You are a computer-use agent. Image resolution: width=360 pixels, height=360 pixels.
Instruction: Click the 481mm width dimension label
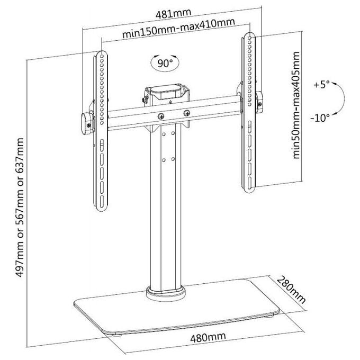pos(173,14)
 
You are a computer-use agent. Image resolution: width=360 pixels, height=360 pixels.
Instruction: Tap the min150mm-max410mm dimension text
pos(178,28)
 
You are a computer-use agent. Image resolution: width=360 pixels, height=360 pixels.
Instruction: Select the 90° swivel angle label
pos(165,63)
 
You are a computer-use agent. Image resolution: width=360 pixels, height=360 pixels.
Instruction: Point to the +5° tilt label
pos(321,85)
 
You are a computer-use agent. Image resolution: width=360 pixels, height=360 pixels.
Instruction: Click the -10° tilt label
pos(320,118)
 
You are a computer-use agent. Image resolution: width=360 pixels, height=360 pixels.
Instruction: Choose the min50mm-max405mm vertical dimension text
pos(296,105)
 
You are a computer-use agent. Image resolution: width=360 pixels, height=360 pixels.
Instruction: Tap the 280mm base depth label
pos(291,290)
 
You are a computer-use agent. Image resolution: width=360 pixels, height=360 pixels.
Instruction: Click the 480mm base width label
pos(208,338)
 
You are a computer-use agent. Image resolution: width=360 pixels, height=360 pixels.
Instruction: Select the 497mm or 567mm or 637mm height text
pos(19,208)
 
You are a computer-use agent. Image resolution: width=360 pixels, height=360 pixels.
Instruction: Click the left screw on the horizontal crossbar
pos(161,116)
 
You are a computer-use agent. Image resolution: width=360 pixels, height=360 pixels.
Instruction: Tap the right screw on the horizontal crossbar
pos(187,113)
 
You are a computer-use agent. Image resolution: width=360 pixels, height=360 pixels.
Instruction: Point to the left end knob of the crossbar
pos(87,123)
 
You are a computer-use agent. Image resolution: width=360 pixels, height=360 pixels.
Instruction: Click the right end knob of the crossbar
pos(259,102)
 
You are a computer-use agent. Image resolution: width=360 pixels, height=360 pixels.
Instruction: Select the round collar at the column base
pos(165,293)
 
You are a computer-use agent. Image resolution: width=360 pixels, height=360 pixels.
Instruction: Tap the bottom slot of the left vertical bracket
pos(102,202)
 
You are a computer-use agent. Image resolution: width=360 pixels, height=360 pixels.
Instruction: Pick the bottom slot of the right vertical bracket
pos(249,181)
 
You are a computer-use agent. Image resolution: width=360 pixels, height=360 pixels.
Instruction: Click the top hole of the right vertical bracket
pos(250,38)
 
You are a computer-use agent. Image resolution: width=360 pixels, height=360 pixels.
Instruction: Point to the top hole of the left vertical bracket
pos(102,56)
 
